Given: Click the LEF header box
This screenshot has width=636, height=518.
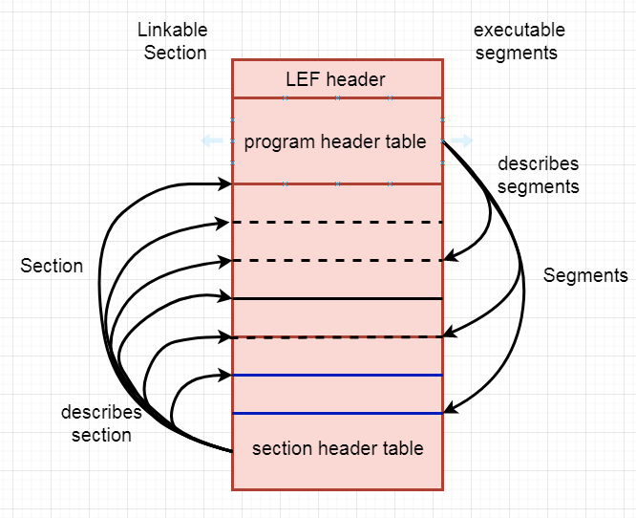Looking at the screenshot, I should pyautogui.click(x=336, y=78).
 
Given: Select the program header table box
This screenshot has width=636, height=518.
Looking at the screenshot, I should pyautogui.click(x=336, y=141).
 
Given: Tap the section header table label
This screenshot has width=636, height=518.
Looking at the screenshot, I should pyautogui.click(x=337, y=447).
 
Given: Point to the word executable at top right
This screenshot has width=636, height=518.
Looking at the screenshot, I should pyautogui.click(x=519, y=31).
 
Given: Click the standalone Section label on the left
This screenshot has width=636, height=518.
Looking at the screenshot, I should pyautogui.click(x=52, y=266).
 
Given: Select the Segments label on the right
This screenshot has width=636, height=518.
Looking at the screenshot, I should pyautogui.click(x=585, y=275).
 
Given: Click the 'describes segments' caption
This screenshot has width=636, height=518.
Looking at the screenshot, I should pyautogui.click(x=538, y=175).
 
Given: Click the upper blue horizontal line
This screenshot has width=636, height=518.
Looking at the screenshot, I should pyautogui.click(x=337, y=376).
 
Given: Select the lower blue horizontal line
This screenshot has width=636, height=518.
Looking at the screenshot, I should pyautogui.click(x=337, y=413).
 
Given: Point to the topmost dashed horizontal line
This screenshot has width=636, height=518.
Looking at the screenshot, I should pyautogui.click(x=337, y=223).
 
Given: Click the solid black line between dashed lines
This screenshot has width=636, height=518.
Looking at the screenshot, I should pyautogui.click(x=337, y=298).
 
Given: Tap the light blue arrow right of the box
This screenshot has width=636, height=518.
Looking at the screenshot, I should pyautogui.click(x=463, y=141).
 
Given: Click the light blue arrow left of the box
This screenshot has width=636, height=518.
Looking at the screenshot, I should pyautogui.click(x=211, y=141).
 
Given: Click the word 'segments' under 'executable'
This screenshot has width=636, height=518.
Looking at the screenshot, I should pyautogui.click(x=516, y=54).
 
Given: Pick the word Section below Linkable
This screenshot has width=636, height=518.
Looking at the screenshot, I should pyautogui.click(x=175, y=53).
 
